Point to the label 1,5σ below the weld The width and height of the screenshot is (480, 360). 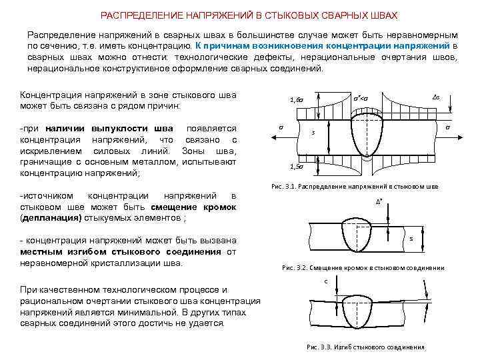(x=295, y=167)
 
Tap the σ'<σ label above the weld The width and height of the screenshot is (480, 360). (x=362, y=98)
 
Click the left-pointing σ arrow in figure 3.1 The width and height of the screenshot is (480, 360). (x=280, y=127)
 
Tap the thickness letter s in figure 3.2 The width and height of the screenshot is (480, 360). (x=411, y=238)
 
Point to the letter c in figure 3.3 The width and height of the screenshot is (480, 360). (x=326, y=281)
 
